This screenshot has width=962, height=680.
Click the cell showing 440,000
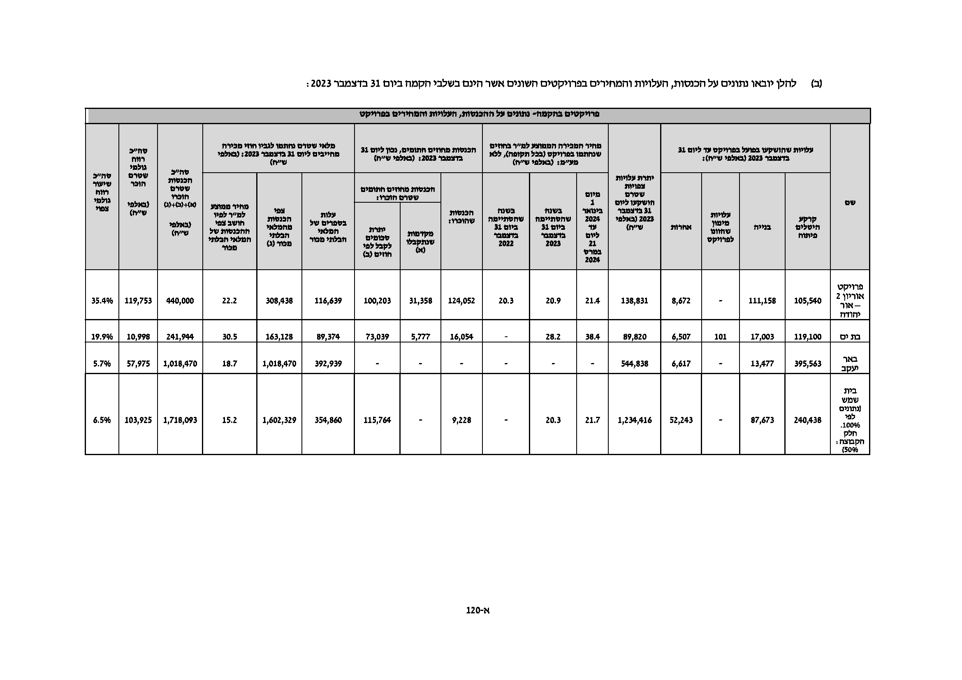point(180,301)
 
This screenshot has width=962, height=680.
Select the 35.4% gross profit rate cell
point(102,301)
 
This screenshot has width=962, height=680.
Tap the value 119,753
point(138,301)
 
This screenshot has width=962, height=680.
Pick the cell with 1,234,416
point(634,420)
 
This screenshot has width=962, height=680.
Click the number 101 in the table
point(720,337)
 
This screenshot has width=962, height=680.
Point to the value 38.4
point(592,337)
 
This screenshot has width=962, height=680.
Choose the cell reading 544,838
point(634,363)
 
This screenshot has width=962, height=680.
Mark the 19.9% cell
point(102,337)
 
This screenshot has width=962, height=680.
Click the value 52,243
point(681,420)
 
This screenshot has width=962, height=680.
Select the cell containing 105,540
point(807,301)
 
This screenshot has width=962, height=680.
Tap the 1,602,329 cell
point(279,420)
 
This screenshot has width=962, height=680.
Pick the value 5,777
point(420,337)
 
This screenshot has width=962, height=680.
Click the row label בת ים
point(850,337)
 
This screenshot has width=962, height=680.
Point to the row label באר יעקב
point(850,363)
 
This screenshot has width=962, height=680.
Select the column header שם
point(850,202)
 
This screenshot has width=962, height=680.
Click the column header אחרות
point(681,227)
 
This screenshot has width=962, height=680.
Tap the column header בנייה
point(762,227)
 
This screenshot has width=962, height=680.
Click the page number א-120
point(478,611)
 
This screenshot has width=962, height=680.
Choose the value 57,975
point(138,363)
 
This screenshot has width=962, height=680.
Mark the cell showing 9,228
point(461,420)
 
